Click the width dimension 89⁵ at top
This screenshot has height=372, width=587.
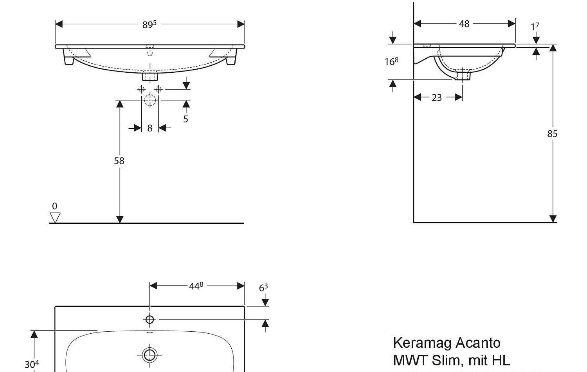click(x=149, y=24)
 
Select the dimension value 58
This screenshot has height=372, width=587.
click(x=119, y=160)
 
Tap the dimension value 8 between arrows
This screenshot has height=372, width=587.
click(x=149, y=128)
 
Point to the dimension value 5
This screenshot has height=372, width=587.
click(x=185, y=119)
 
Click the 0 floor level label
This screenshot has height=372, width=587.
click(x=54, y=206)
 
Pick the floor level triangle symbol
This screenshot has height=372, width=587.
click(x=55, y=217)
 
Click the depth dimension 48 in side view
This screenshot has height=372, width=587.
click(x=464, y=24)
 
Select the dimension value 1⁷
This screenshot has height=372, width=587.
click(x=535, y=27)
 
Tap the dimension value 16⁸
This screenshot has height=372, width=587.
click(x=391, y=61)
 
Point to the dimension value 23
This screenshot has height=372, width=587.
click(x=437, y=97)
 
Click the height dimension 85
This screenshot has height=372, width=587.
click(x=552, y=134)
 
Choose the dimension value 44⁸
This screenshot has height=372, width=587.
click(x=196, y=286)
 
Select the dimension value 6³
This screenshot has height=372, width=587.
click(x=263, y=288)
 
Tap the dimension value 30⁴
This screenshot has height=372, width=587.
click(x=32, y=365)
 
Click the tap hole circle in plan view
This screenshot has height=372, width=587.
click(x=149, y=320)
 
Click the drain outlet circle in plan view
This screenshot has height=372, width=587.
click(x=149, y=355)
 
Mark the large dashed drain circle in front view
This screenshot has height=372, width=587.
click(x=150, y=100)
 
